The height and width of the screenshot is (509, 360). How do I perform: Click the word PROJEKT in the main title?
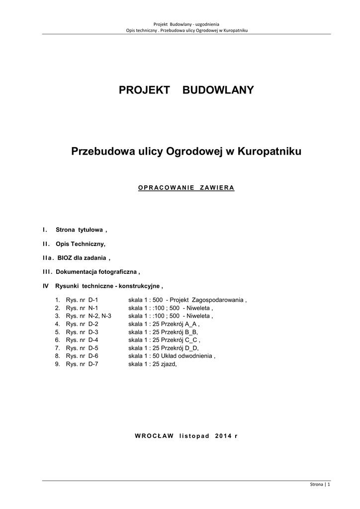tap(144, 90)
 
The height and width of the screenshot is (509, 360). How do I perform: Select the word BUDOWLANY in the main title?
tap(218, 90)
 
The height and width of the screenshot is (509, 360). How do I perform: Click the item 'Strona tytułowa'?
tap(80, 230)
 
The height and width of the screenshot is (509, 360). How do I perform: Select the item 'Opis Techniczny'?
tap(81, 244)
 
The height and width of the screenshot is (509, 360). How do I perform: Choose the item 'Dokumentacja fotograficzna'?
tap(97, 272)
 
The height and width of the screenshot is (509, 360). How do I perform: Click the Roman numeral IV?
tap(46, 286)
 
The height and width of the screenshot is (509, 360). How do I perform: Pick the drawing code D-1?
tap(93, 300)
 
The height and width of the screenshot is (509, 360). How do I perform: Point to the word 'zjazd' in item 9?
tap(168, 364)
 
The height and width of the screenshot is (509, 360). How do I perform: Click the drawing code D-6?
tap(93, 356)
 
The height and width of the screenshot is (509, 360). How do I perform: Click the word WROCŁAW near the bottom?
tap(154, 436)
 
